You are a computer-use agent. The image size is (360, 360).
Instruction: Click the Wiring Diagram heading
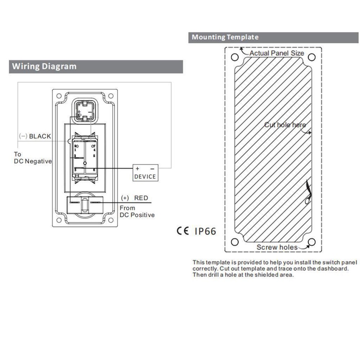[x=44, y=67]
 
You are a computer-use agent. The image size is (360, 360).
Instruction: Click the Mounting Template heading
[x=225, y=37]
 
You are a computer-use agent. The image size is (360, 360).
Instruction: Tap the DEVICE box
[x=145, y=173]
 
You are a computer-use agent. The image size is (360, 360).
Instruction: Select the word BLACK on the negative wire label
[x=40, y=136]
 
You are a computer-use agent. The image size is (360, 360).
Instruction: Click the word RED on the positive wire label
[x=141, y=198]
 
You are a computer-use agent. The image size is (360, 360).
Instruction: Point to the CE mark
[x=183, y=231]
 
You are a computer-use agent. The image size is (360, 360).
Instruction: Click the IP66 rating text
[x=205, y=231]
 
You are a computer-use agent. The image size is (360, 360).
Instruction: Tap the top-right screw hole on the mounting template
[x=312, y=57]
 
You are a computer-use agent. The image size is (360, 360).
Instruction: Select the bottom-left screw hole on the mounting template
[x=235, y=242]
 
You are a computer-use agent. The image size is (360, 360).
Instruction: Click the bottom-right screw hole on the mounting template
[x=312, y=242]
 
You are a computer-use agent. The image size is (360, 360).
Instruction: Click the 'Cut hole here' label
[x=285, y=125]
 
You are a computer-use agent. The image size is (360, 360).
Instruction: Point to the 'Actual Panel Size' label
[x=276, y=53]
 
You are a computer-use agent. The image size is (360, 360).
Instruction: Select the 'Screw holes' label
[x=277, y=247]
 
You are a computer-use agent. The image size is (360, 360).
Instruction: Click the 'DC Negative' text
[x=33, y=161]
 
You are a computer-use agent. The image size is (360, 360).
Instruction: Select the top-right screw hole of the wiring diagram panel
[x=111, y=96]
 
